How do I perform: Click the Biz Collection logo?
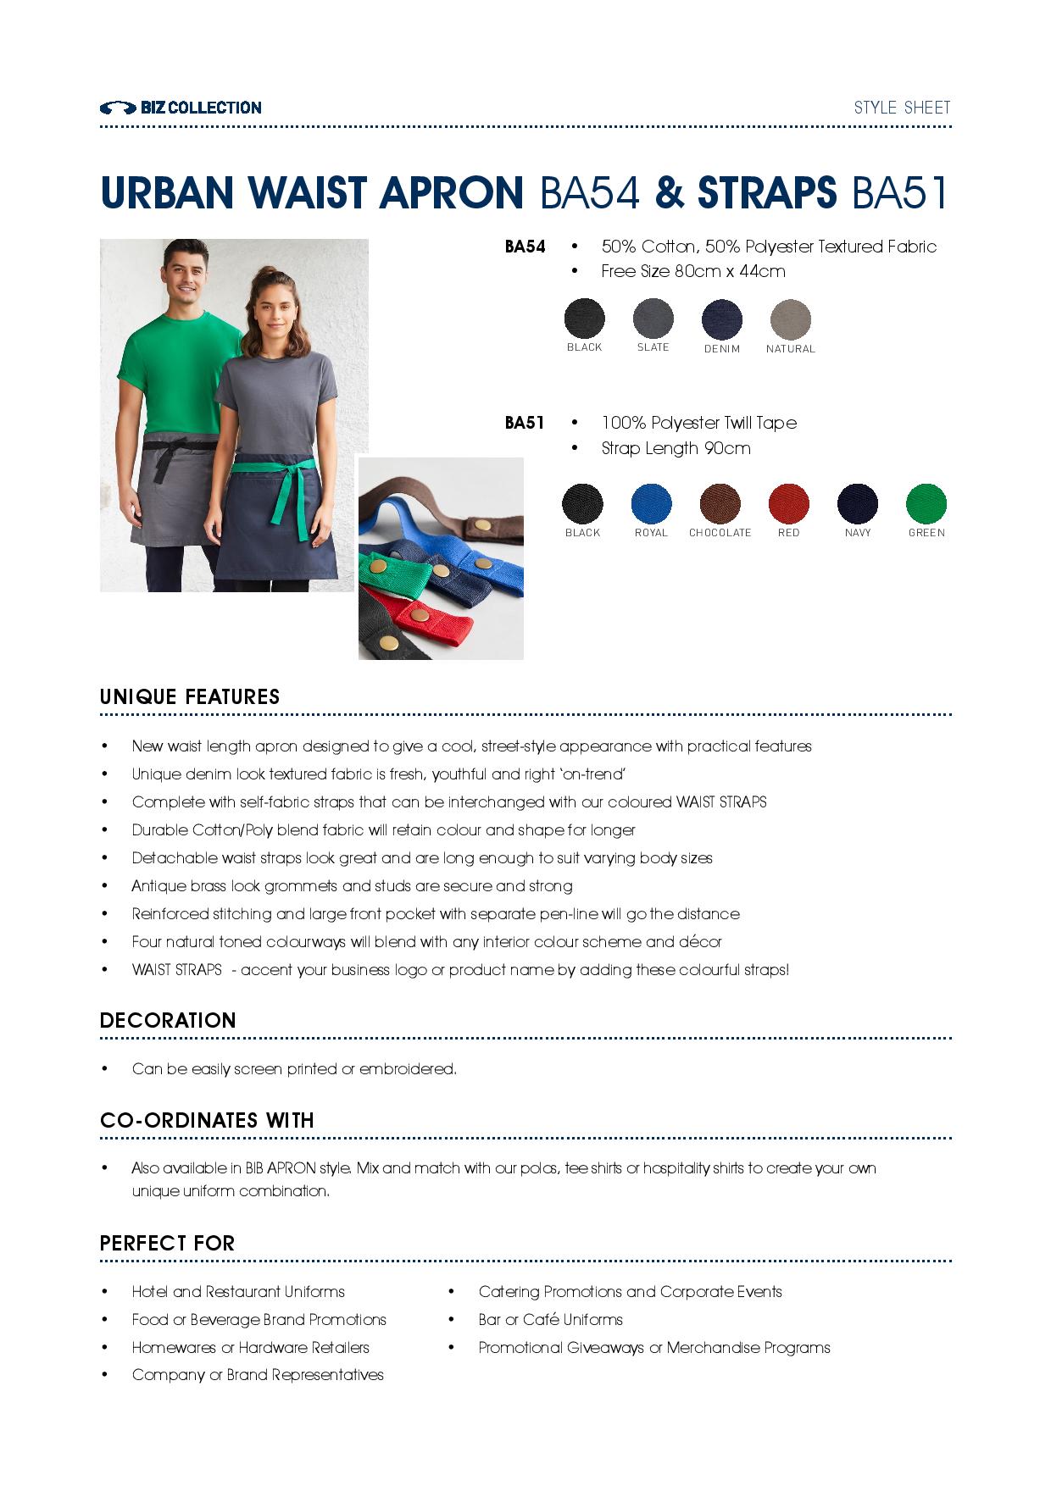(x=181, y=108)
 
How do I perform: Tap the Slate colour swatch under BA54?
(x=653, y=319)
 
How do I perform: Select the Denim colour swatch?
(x=721, y=319)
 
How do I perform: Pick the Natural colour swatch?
(x=790, y=319)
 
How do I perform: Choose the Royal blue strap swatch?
(x=651, y=504)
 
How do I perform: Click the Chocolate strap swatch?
(x=720, y=504)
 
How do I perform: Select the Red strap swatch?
(x=788, y=504)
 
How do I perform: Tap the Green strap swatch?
(x=926, y=504)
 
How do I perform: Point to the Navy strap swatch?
(x=858, y=504)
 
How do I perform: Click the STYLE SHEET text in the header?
(x=902, y=108)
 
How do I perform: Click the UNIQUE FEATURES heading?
(x=190, y=697)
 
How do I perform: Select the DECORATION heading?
(x=168, y=1021)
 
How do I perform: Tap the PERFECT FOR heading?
(x=167, y=1244)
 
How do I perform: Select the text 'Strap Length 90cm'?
(x=676, y=448)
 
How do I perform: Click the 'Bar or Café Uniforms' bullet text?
(x=550, y=1320)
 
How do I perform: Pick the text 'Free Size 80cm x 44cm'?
(x=692, y=271)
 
